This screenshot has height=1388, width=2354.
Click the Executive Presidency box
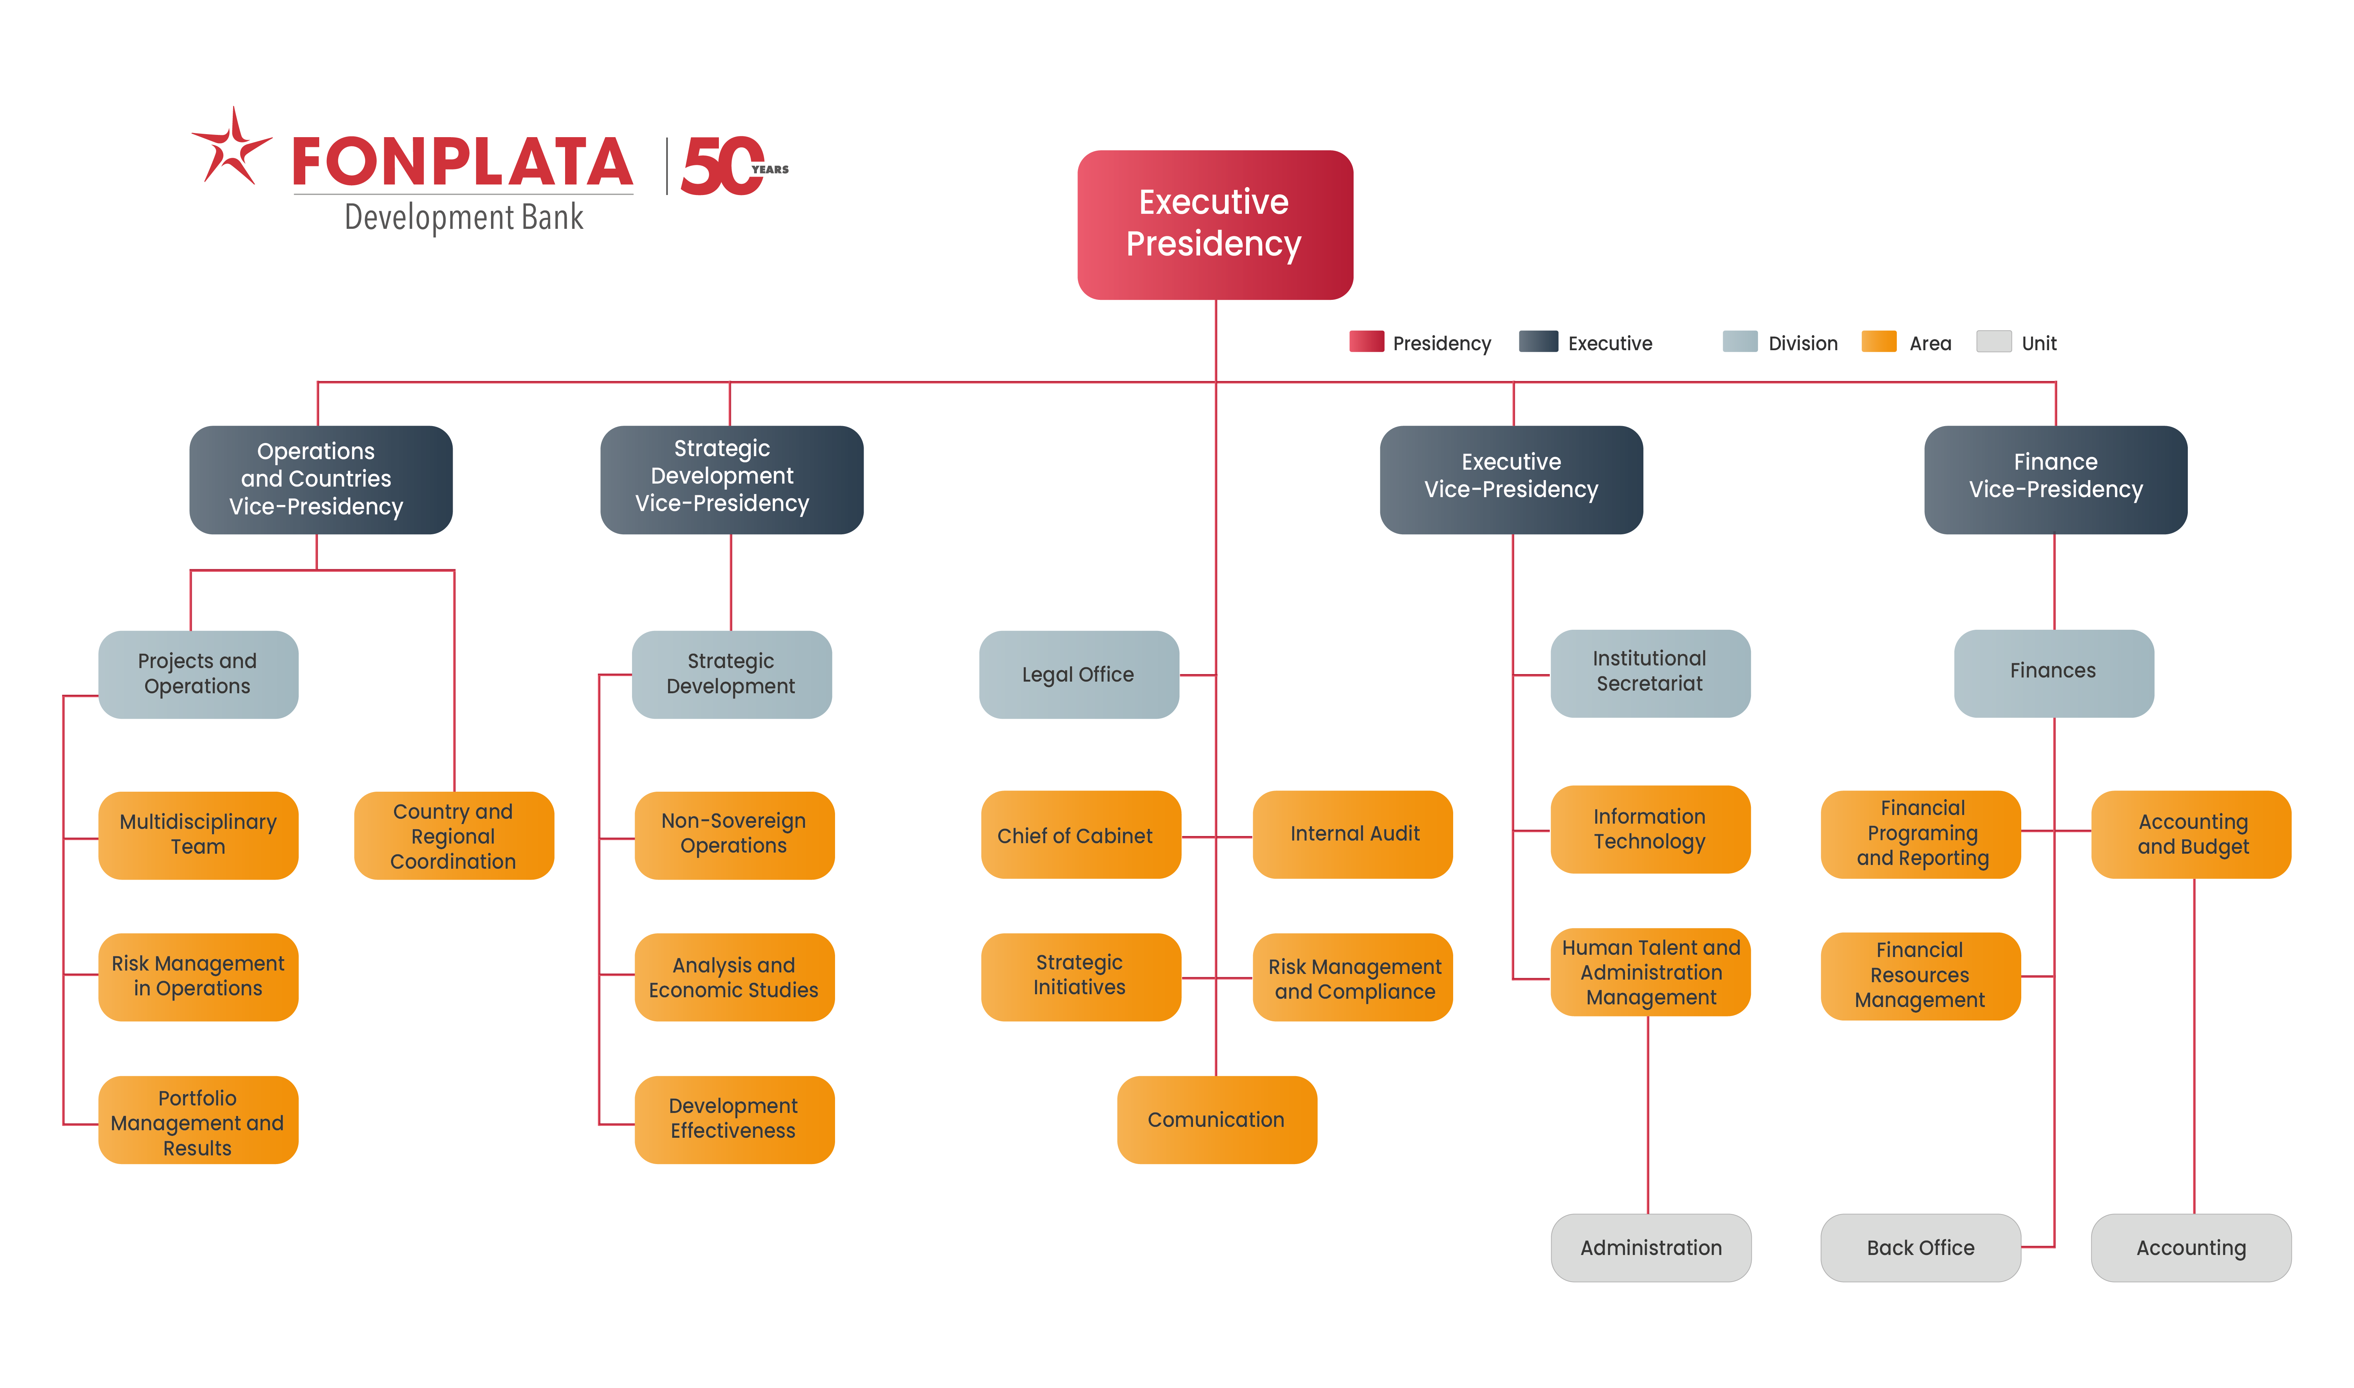pos(1214,224)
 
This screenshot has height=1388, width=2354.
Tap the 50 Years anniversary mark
pos(730,166)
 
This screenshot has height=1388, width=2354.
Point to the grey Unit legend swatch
pos(1993,342)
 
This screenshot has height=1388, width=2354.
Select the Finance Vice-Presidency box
pos(2055,479)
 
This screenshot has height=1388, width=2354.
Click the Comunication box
pos(1216,1120)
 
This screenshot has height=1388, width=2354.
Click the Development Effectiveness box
pos(734,1119)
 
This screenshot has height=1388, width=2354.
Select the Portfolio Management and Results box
pos(197,1122)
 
